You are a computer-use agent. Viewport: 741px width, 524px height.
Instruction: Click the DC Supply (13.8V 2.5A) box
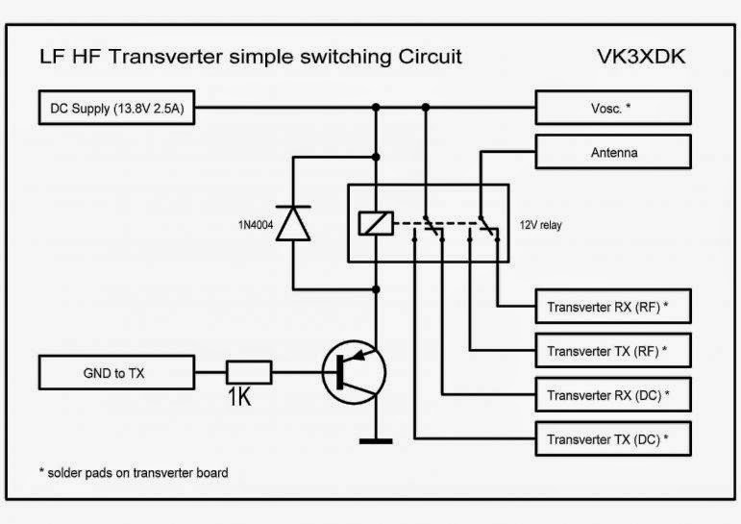tap(116, 108)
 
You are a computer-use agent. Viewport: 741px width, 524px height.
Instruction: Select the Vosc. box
tap(613, 108)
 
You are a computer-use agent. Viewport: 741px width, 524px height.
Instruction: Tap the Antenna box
tap(613, 152)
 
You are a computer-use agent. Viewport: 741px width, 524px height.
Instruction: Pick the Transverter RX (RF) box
tap(613, 307)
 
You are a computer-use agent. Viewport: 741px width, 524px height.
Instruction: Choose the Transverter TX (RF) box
tap(613, 350)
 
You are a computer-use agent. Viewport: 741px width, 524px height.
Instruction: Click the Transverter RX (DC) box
tap(613, 394)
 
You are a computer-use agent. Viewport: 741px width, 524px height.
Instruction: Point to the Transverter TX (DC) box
tap(613, 438)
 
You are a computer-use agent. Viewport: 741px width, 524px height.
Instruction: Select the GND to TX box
tap(116, 373)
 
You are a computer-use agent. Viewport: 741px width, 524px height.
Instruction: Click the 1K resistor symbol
tap(249, 372)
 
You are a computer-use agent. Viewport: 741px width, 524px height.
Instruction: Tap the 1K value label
tap(239, 397)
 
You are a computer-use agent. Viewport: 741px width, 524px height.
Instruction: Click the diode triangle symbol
tap(293, 223)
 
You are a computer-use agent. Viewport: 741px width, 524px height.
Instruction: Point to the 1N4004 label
tap(256, 225)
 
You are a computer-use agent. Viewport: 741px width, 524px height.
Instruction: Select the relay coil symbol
tap(376, 223)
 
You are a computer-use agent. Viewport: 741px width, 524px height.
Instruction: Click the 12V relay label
tap(541, 225)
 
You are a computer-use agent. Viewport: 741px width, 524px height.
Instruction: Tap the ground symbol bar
tap(376, 441)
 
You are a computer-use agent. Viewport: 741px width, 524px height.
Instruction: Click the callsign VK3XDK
tap(641, 57)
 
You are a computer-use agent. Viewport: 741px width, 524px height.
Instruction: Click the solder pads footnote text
tap(134, 472)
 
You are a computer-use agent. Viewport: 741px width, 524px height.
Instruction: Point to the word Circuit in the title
tap(430, 57)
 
